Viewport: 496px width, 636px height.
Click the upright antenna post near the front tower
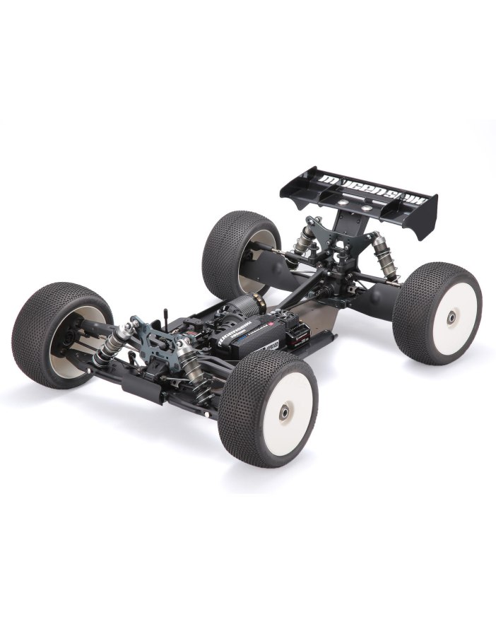click(165, 314)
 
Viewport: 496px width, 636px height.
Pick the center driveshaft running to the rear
click(297, 297)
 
